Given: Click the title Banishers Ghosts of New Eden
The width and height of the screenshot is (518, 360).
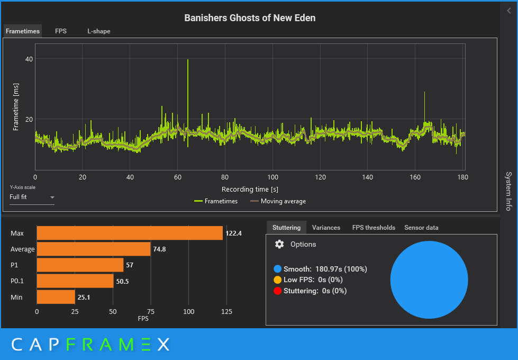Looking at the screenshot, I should point(250,18).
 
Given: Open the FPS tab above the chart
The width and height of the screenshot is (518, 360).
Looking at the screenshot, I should point(61,31).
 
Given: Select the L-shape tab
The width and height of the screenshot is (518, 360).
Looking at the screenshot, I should point(99,31).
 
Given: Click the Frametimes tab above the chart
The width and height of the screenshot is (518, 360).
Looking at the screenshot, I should point(23,31).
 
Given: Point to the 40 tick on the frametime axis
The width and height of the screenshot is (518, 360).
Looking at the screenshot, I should point(29,59).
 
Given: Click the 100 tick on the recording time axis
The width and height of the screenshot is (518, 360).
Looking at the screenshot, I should point(272,177).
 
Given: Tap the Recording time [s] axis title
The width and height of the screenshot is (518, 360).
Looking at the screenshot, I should point(250,189).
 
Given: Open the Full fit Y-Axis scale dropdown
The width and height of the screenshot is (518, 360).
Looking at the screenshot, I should point(32,197).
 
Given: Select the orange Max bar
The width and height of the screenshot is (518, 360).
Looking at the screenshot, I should point(130,233).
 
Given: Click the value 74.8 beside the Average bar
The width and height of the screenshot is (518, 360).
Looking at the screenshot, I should point(159,249).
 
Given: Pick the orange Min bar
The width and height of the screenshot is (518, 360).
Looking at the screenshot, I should point(56,297).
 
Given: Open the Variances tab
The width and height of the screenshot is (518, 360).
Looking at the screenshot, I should point(326,228).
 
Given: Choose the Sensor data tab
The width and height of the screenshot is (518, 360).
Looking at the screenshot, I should point(421,228).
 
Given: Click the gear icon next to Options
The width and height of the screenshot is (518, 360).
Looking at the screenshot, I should point(279,244).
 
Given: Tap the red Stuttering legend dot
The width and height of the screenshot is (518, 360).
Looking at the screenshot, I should point(277,291).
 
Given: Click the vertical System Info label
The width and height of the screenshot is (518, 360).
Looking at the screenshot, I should point(508,191).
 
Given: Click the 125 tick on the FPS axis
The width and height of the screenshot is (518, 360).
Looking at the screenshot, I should point(226,312).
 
